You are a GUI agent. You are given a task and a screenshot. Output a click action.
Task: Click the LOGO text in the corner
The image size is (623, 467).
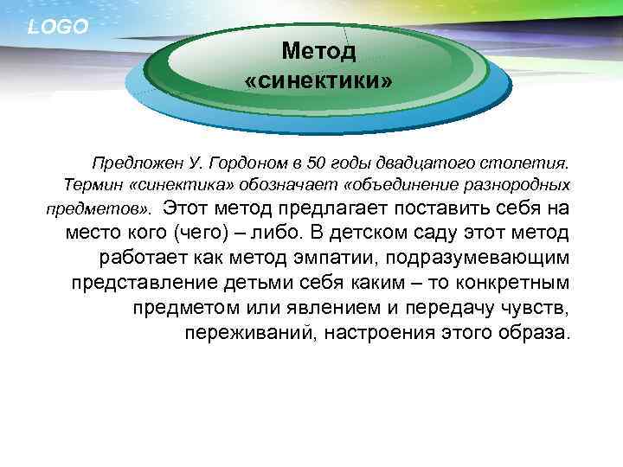(58, 27)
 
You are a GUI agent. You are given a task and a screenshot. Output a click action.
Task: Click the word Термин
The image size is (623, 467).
(93, 185)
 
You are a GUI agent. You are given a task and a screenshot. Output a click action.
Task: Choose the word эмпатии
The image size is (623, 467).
(335, 258)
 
